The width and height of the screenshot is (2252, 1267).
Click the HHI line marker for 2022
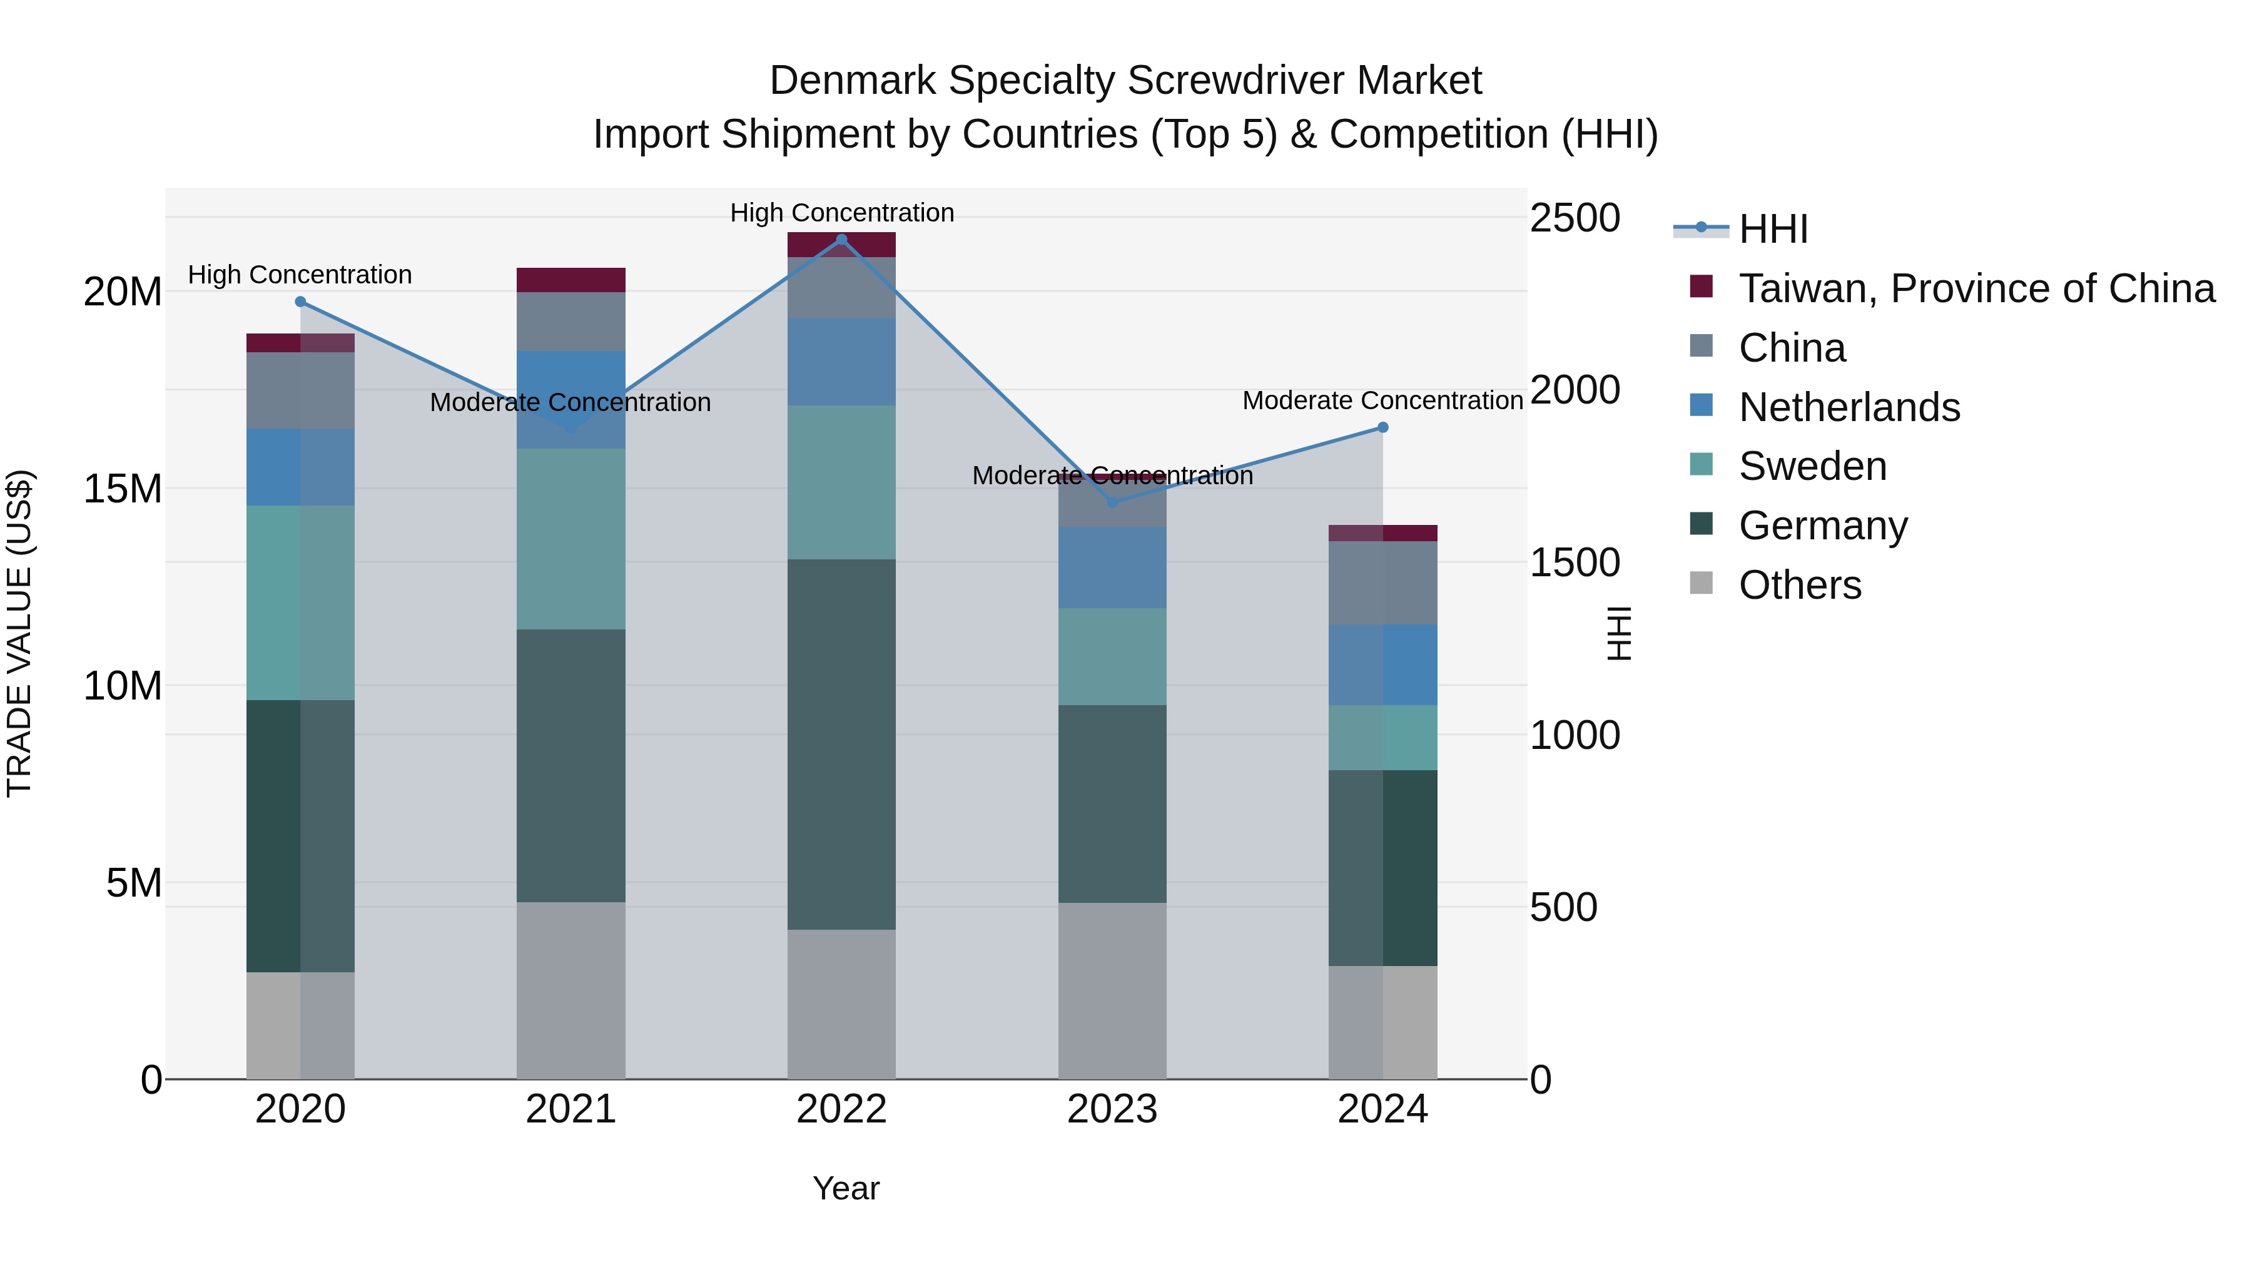841,240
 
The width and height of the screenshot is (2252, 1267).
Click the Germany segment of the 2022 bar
841,743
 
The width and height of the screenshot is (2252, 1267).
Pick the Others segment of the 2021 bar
571,990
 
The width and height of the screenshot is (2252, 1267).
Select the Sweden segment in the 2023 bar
1112,657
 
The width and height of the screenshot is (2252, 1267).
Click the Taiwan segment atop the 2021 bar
571,280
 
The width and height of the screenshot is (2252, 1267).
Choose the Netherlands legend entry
1848,407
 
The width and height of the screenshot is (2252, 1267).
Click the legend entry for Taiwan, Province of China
1976,288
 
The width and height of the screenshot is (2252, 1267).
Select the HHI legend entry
1773,229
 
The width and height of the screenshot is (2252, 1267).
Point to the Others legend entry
1799,585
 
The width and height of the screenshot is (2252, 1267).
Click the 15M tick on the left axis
123,489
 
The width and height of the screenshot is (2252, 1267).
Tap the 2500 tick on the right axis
1575,218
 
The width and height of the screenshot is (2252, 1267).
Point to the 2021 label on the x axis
571,1109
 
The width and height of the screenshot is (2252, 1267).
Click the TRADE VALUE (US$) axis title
19,633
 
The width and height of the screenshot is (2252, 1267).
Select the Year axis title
845,1188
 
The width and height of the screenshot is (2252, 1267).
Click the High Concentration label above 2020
300,275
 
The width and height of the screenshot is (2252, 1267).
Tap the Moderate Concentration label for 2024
1382,400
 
